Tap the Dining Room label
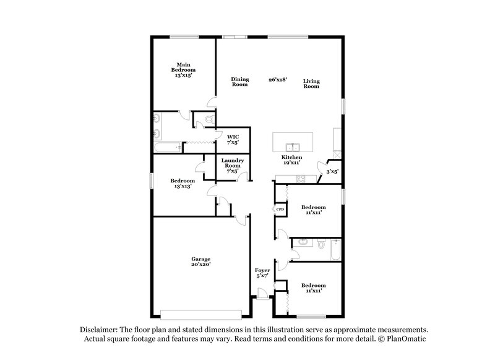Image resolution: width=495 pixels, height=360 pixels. [239, 82]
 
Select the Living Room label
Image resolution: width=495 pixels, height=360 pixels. [311, 84]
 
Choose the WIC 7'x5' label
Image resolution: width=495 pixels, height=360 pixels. [233, 139]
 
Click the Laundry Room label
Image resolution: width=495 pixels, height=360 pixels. [233, 166]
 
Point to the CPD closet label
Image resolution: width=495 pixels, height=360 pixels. [280, 210]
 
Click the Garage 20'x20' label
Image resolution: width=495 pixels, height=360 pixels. [200, 262]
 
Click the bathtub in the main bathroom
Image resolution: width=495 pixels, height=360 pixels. [166, 147]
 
